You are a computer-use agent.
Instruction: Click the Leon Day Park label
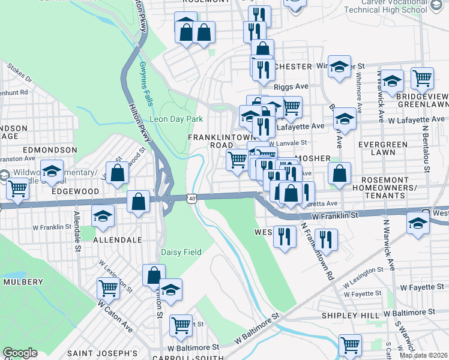[x=176, y=119]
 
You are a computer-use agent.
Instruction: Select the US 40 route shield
[x=191, y=197]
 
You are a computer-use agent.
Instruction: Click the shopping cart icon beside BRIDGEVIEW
[x=423, y=79]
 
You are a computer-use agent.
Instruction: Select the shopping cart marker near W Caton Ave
[x=109, y=289]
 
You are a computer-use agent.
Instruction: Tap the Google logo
[x=20, y=353]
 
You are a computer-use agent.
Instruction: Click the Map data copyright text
[x=424, y=355]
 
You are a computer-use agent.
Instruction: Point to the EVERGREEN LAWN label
[x=383, y=149]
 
